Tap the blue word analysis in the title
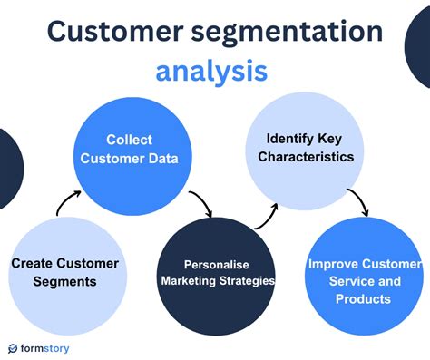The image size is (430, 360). tap(211, 71)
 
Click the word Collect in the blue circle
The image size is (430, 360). tap(129, 140)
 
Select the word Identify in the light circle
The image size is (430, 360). tap(288, 140)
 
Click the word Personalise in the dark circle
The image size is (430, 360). tap(218, 264)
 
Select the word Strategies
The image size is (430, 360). tap(248, 280)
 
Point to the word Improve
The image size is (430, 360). tap(333, 264)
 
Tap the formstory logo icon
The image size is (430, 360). tap(14, 348)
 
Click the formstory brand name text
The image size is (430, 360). tap(46, 348)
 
